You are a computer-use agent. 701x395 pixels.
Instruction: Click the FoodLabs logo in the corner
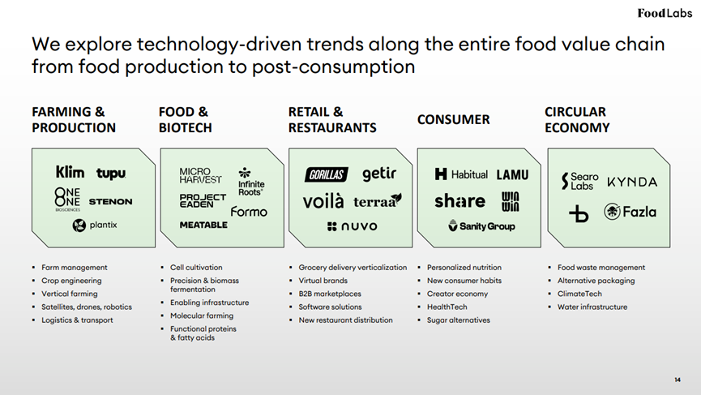point(665,13)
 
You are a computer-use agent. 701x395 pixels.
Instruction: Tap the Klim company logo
point(70,172)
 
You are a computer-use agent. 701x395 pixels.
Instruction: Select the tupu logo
point(111,174)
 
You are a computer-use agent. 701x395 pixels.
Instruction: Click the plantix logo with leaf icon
point(95,225)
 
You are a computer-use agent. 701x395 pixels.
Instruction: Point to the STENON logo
point(110,202)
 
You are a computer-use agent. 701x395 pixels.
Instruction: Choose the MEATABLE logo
point(203,225)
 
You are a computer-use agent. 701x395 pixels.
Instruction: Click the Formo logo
point(249,211)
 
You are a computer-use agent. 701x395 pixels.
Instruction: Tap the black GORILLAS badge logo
point(327,174)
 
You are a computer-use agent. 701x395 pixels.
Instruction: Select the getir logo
point(379,174)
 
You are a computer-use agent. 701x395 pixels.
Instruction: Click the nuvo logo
point(353,226)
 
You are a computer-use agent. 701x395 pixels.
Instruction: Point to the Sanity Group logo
point(481,226)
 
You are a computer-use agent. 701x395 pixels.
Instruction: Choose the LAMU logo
point(512,174)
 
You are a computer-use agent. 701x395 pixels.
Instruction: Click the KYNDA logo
point(632,182)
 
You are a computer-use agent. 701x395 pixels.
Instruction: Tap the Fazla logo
point(630,212)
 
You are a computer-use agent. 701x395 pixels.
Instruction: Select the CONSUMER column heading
point(453,119)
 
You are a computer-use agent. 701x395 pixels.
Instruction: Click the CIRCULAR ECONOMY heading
point(577,119)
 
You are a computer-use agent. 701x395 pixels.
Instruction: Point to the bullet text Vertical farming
point(70,294)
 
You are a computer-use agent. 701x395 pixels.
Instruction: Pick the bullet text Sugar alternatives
point(458,320)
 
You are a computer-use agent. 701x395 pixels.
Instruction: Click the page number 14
point(677,380)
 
